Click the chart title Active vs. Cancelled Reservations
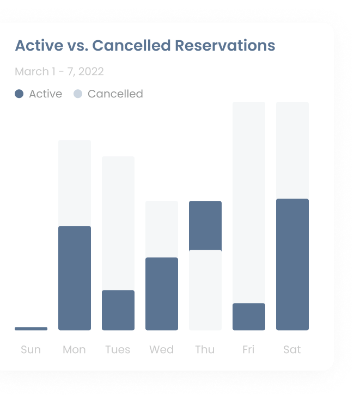pos(145,46)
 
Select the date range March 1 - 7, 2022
pos(59,71)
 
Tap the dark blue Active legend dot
pos(19,94)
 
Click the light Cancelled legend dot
pos(78,94)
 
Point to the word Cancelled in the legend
pos(115,94)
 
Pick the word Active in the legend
pos(46,94)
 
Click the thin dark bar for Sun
pos(31,329)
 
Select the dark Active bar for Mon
pos(75,278)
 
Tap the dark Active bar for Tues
pos(118,310)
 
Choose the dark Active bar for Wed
pos(162,294)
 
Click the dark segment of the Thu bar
pos(205,226)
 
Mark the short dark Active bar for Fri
pos(248,317)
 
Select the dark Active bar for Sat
pos(292,264)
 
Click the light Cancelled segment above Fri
pos(248,202)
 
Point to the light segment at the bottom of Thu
pos(205,290)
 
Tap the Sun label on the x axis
pos(30,349)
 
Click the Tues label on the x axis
pos(118,349)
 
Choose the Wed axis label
pos(162,349)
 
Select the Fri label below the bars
pos(248,349)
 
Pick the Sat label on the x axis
pos(292,349)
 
